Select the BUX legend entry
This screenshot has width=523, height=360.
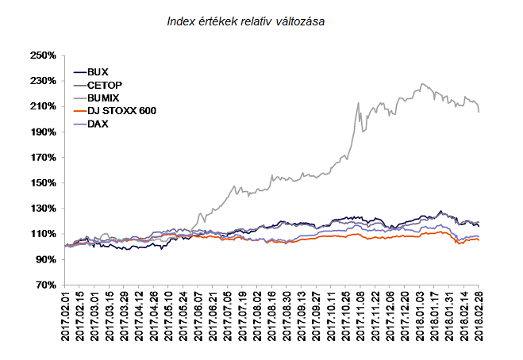[98, 71]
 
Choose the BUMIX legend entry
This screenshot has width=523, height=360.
[103, 98]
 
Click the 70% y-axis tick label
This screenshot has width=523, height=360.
[44, 285]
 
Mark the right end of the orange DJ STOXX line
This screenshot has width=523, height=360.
[479, 239]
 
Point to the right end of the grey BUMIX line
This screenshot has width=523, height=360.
[479, 113]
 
